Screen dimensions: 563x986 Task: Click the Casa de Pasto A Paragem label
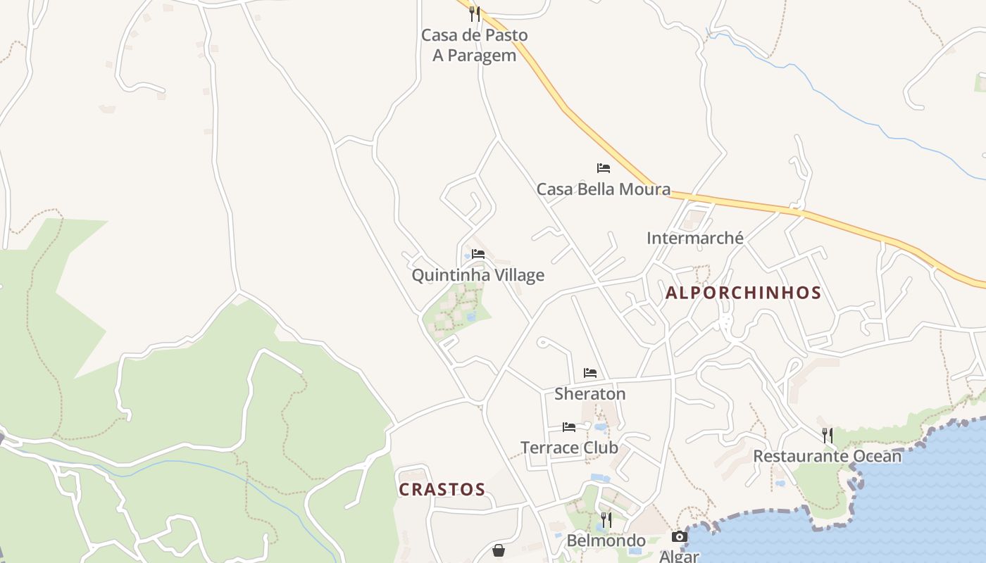tap(474, 45)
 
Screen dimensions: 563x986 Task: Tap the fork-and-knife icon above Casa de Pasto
tap(475, 13)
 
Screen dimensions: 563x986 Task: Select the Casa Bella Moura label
tap(604, 189)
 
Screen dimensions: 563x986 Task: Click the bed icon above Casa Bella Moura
tap(604, 168)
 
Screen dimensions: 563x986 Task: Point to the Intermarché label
tap(695, 239)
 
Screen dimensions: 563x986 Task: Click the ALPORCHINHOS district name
tap(744, 293)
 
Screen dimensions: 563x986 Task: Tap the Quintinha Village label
tap(478, 275)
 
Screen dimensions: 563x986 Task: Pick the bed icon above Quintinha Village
tap(478, 254)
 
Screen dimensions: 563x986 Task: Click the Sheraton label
tap(590, 394)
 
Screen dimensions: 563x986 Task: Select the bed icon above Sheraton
tap(590, 373)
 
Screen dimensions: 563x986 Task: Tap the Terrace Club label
tap(569, 448)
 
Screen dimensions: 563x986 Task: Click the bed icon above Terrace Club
tap(569, 427)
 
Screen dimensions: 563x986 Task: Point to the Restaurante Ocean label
tap(828, 456)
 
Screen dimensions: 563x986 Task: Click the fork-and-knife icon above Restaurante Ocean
tap(828, 436)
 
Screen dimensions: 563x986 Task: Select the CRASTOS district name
tap(442, 490)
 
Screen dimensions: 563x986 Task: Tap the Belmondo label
tap(606, 541)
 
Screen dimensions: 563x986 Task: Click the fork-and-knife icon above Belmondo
tap(606, 520)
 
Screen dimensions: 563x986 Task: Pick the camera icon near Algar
tap(680, 537)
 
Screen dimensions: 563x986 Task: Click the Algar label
tap(680, 556)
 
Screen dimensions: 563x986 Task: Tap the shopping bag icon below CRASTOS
tap(499, 550)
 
